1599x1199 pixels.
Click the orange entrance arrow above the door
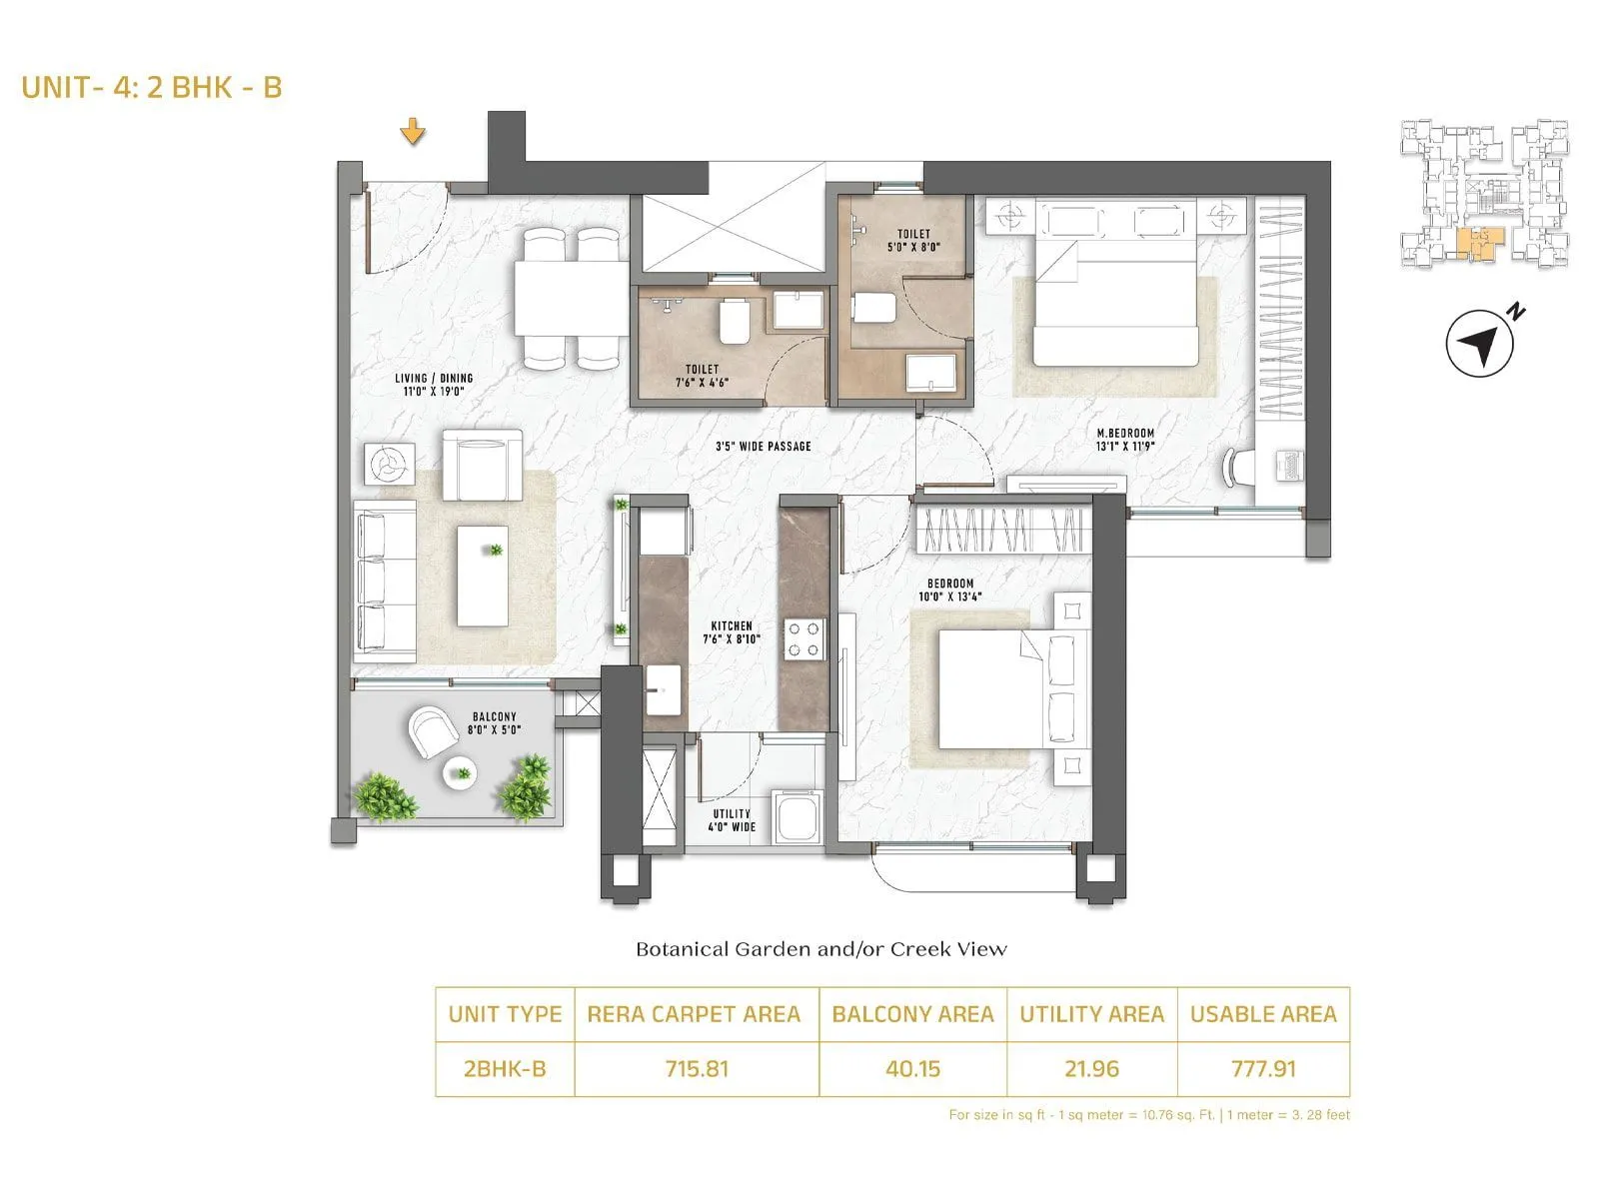[413, 131]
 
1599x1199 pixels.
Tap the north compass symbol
[1480, 343]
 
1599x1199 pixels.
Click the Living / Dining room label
[433, 385]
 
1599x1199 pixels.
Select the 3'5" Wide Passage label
[763, 446]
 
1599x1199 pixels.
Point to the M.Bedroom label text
[1124, 440]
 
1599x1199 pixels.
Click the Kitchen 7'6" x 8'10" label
[732, 631]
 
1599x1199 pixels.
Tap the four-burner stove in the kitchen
[804, 639]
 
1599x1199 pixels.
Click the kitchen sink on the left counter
[663, 692]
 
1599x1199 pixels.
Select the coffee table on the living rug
[483, 577]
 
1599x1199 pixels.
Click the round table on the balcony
[461, 771]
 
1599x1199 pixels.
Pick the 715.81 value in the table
[697, 1069]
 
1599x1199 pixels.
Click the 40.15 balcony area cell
[912, 1069]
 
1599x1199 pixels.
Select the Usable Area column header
[1262, 1014]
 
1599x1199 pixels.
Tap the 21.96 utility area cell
[1091, 1069]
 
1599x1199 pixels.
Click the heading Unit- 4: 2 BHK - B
[152, 87]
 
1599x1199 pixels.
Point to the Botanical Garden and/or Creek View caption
[820, 949]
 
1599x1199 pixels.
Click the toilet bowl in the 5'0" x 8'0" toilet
[874, 307]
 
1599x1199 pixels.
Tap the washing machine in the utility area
[797, 816]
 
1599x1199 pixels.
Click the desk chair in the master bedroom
[1240, 467]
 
